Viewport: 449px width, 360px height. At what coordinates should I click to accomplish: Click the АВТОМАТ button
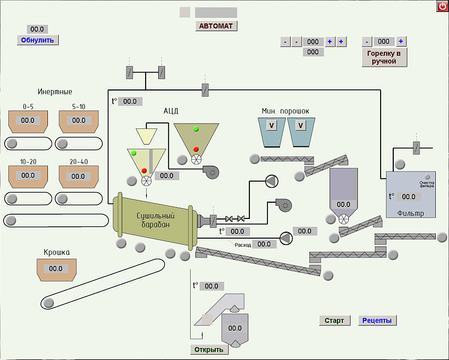pyautogui.click(x=216, y=26)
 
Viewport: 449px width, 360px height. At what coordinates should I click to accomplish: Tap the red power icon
pyautogui.click(x=442, y=6)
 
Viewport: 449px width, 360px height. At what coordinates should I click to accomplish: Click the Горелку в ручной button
pyautogui.click(x=384, y=58)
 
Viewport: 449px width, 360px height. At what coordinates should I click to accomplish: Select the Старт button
pyautogui.click(x=335, y=320)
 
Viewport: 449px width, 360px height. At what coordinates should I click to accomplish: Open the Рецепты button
pyautogui.click(x=377, y=320)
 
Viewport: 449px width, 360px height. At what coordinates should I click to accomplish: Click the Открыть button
pyautogui.click(x=209, y=349)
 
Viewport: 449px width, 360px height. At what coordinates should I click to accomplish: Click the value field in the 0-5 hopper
pyautogui.click(x=28, y=121)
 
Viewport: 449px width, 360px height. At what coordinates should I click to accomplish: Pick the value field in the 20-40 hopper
pyautogui.click(x=78, y=176)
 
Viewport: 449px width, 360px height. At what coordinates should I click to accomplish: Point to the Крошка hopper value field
pyautogui.click(x=56, y=269)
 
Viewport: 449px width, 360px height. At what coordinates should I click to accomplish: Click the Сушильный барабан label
pyautogui.click(x=155, y=220)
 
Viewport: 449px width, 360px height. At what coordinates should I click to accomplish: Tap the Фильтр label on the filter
pyautogui.click(x=411, y=213)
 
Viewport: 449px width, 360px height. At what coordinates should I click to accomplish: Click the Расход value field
pyautogui.click(x=264, y=244)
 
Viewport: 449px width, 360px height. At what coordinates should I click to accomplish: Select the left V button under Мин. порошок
pyautogui.click(x=272, y=125)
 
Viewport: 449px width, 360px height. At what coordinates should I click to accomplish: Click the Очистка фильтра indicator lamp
pyautogui.click(x=427, y=177)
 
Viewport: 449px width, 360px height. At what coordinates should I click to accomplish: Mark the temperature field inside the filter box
pyautogui.click(x=409, y=197)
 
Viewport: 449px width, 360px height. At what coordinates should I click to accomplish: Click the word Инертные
pyautogui.click(x=55, y=92)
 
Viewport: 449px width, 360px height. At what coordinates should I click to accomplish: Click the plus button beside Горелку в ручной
pyautogui.click(x=401, y=41)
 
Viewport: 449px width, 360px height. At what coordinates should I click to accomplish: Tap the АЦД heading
pyautogui.click(x=171, y=111)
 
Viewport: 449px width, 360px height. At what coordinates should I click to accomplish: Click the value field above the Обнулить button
pyautogui.click(x=37, y=29)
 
